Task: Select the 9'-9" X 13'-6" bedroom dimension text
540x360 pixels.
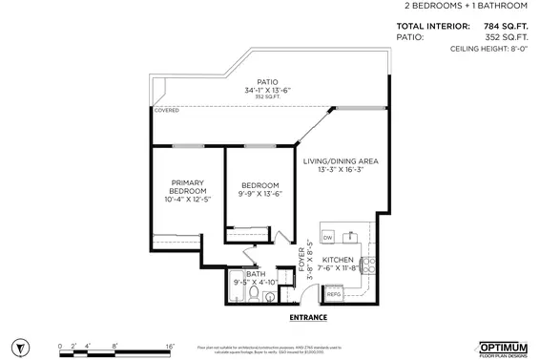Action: point(259,194)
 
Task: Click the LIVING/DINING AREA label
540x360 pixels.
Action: point(341,161)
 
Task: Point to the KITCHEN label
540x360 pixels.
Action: point(339,260)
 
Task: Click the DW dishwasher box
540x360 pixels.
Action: point(327,237)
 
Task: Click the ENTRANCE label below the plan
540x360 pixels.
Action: point(307,318)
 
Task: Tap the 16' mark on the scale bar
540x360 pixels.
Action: point(169,345)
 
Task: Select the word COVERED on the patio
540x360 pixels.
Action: point(166,111)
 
